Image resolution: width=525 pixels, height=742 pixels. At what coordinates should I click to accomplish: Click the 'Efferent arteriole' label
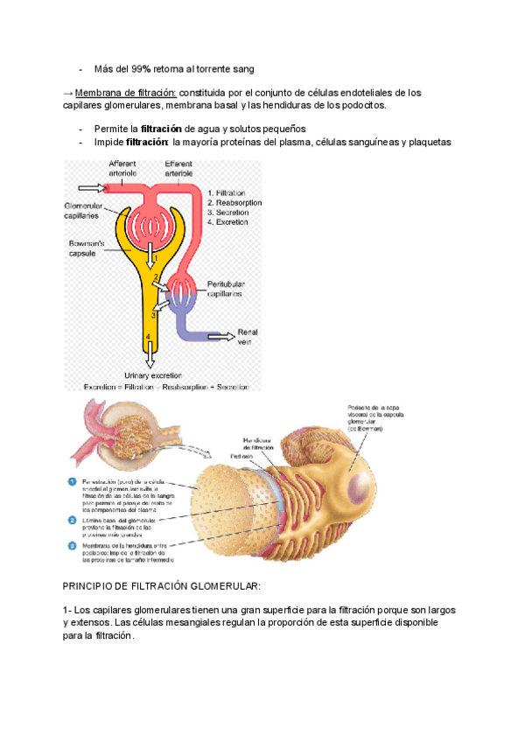(178, 169)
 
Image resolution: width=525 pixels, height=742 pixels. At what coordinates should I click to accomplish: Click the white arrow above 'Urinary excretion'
(150, 354)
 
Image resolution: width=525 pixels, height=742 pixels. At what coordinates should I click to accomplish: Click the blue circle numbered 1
(72, 481)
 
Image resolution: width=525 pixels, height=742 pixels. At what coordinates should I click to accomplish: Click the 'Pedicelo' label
(242, 457)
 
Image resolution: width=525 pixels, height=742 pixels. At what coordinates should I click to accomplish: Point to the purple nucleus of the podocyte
(360, 479)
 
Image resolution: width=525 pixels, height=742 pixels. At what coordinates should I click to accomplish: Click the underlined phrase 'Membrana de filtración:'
(126, 93)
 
